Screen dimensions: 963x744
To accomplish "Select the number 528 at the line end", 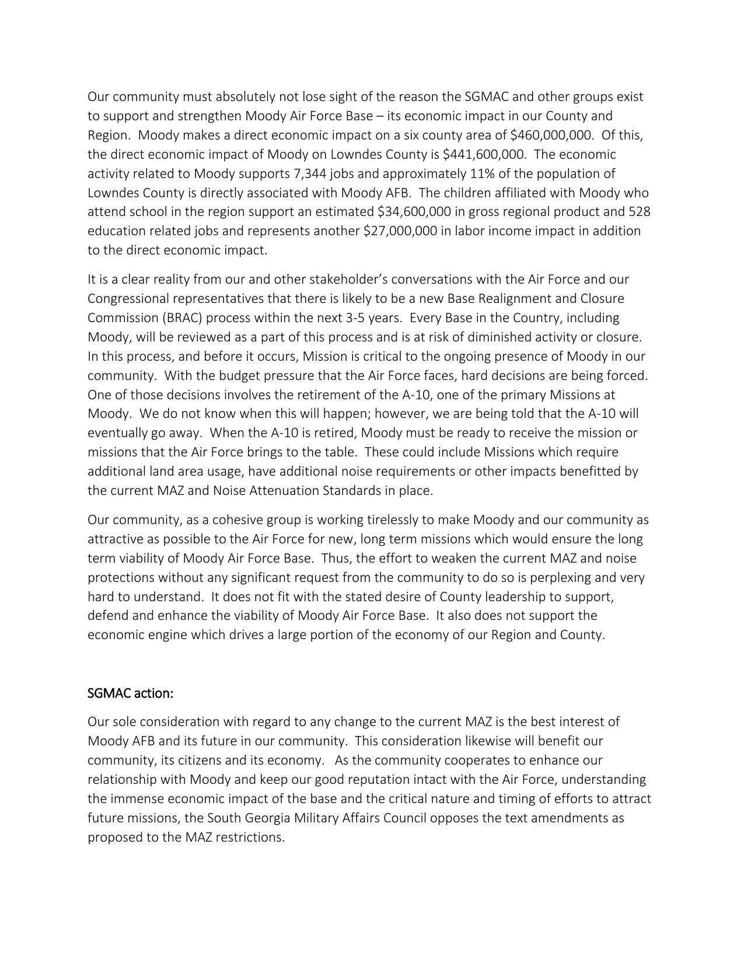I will [640, 212].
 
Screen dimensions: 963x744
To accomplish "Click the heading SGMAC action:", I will [131, 693].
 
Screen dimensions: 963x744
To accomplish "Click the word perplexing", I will [577, 578].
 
